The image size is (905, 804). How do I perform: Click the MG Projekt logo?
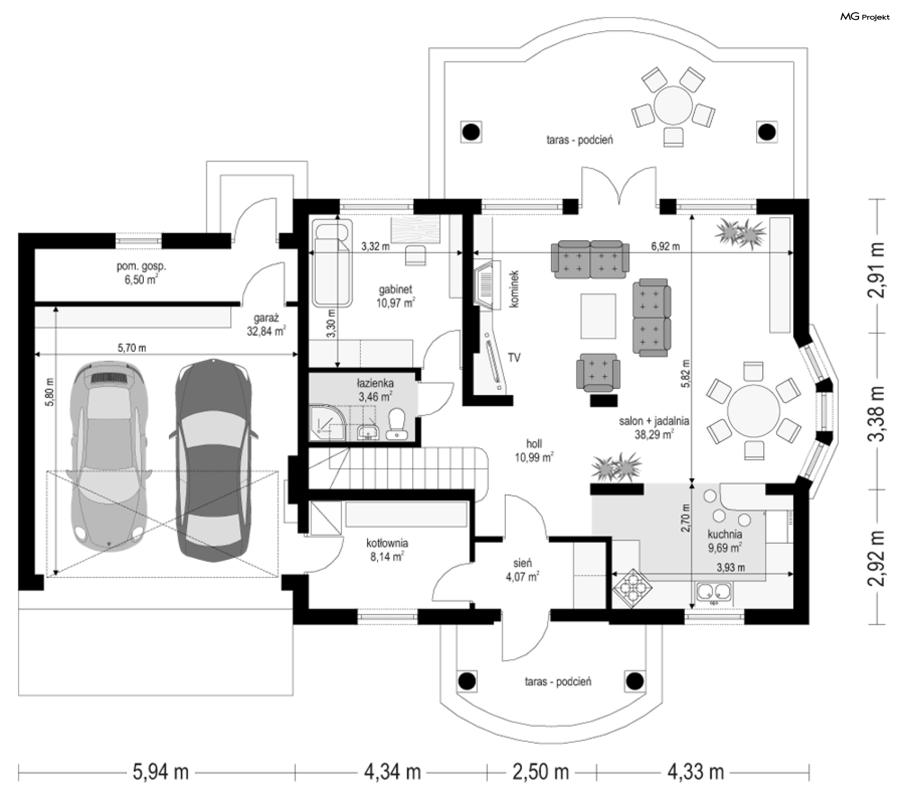coord(865,17)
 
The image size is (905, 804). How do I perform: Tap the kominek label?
coord(514,289)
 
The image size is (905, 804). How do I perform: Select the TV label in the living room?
coord(514,358)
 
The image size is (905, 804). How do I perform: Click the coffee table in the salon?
coord(598,316)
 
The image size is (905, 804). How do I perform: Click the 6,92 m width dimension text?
coord(665,246)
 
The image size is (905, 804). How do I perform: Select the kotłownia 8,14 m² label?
coord(387,550)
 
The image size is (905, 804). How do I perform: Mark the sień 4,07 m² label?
coord(522,569)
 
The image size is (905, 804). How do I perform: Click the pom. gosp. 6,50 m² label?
coord(141,273)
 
